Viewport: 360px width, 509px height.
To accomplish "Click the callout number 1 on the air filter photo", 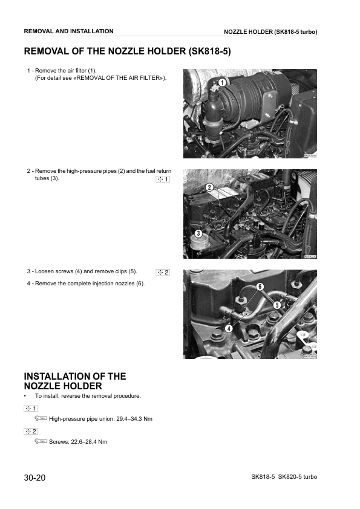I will point(222,83).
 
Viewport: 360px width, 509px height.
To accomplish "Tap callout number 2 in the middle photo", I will point(209,187).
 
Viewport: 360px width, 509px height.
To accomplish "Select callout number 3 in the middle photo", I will point(197,233).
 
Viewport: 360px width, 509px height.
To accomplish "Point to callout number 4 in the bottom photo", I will point(228,328).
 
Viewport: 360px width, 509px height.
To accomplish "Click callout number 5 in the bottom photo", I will point(276,305).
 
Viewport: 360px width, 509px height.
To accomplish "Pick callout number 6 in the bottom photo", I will point(260,286).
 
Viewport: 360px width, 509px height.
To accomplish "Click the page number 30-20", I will point(35,478).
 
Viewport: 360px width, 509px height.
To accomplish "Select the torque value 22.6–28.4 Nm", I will point(90,442).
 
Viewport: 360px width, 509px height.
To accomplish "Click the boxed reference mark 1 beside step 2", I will point(163,180).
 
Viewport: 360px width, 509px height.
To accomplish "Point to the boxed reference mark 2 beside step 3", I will point(163,272).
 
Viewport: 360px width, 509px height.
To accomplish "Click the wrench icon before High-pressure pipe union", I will point(41,419).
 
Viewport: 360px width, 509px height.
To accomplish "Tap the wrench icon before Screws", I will point(41,442).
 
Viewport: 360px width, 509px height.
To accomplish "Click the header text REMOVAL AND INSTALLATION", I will point(68,31).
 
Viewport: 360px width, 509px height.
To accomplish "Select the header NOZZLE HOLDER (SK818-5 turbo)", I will point(270,31).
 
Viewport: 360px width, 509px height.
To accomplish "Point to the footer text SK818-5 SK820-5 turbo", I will point(284,477).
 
